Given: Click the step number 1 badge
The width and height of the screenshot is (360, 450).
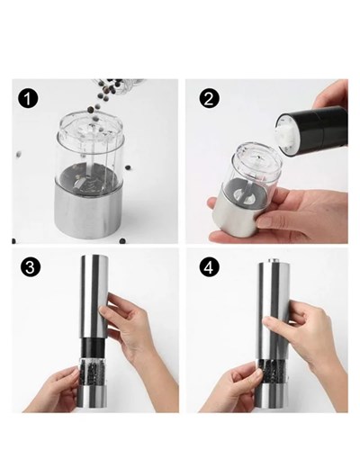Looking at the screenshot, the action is (x=28, y=99).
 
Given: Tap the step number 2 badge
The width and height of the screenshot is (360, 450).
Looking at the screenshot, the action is (x=209, y=99).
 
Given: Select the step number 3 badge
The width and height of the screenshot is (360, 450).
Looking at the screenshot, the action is (x=30, y=267).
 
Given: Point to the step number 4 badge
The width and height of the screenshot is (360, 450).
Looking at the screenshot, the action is (x=209, y=267).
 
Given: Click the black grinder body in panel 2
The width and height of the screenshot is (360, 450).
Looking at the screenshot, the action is (x=312, y=130).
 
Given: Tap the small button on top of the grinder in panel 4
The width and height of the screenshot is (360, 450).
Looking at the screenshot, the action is (x=273, y=261).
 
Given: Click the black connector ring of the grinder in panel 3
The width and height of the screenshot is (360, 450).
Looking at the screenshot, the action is (x=94, y=347).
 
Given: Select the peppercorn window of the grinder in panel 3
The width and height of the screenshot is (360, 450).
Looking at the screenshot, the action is (x=93, y=372).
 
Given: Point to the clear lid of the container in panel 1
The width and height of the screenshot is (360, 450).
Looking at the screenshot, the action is (x=90, y=129).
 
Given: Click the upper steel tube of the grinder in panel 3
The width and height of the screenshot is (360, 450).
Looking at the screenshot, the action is (x=94, y=296).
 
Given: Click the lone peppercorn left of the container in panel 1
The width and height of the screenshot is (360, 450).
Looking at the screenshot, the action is (x=19, y=154).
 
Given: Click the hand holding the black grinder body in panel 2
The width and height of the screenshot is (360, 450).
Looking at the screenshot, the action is (x=330, y=94).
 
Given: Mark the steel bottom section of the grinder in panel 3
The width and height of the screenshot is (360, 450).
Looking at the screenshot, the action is (x=93, y=397).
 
